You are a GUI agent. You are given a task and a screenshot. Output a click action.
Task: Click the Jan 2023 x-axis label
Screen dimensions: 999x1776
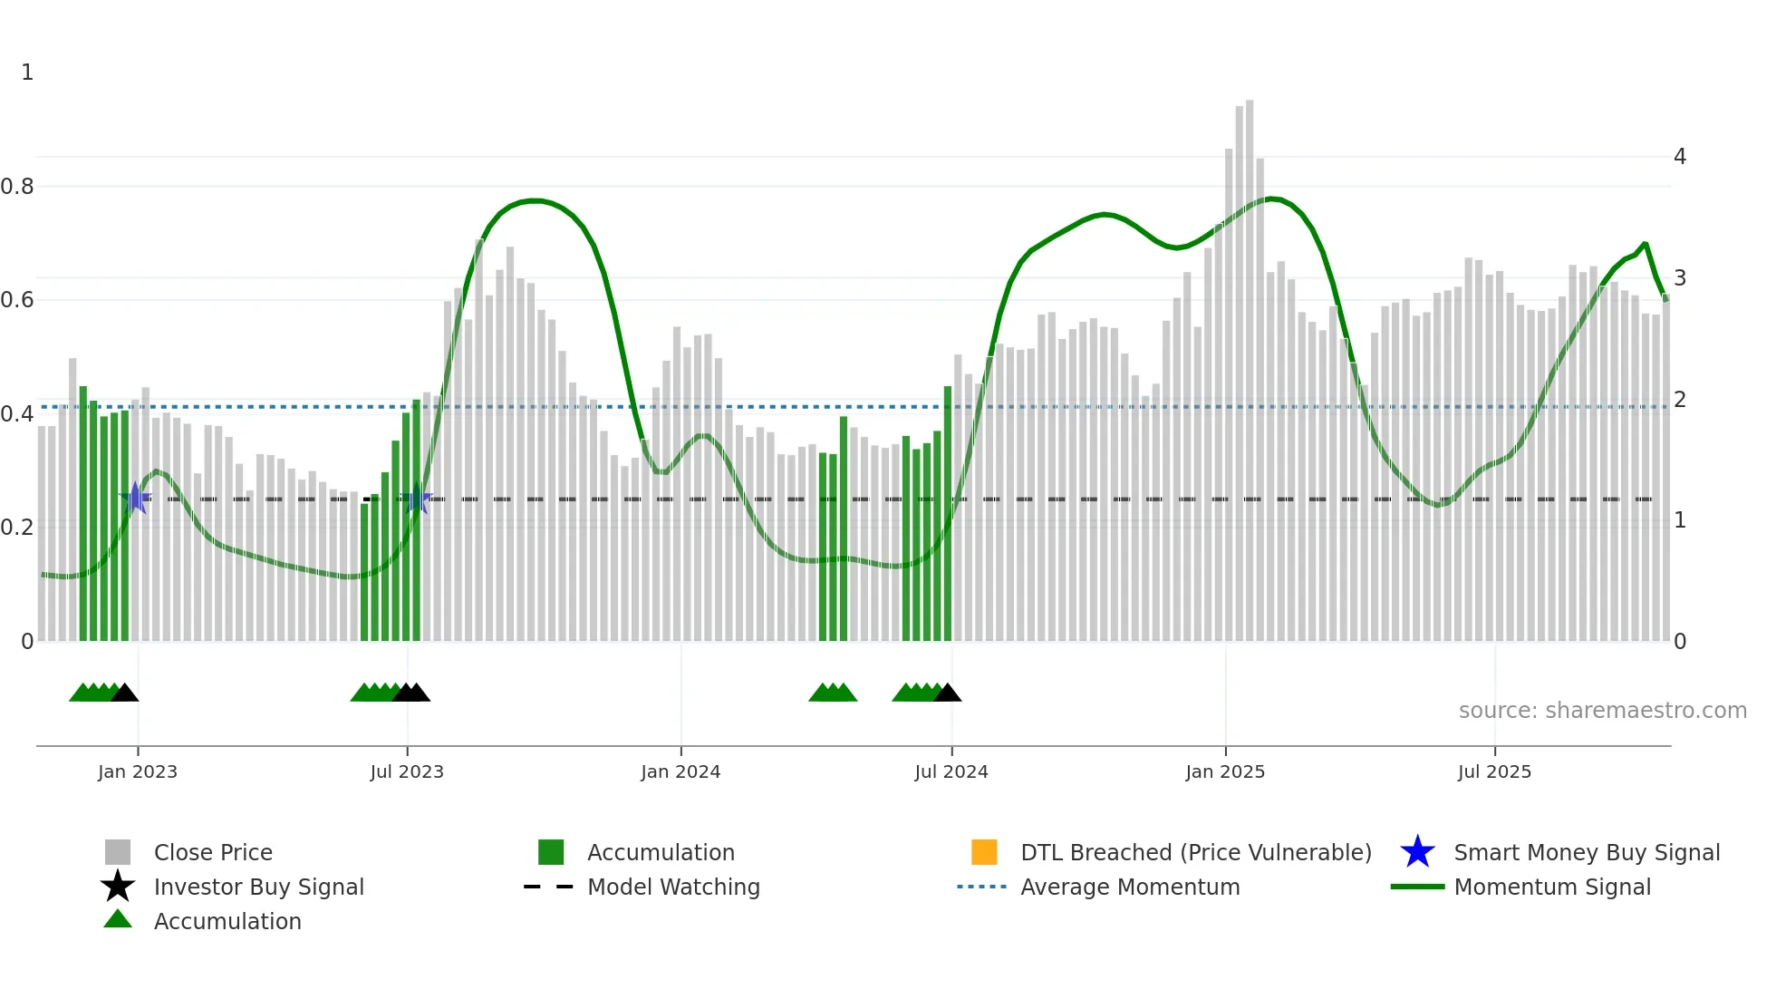(x=138, y=771)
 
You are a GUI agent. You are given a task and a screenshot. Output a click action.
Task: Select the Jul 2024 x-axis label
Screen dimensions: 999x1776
(x=951, y=771)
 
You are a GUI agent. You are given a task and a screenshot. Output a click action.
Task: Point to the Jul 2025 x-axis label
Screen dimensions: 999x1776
(x=1494, y=771)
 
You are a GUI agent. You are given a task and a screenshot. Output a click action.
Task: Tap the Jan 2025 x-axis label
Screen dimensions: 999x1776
(x=1225, y=771)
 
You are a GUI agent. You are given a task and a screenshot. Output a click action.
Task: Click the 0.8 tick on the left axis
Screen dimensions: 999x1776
(x=17, y=187)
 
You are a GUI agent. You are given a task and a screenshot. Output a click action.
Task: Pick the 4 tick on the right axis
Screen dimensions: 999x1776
(x=1680, y=157)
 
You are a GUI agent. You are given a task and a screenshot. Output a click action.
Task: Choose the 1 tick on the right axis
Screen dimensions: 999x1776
(x=1680, y=520)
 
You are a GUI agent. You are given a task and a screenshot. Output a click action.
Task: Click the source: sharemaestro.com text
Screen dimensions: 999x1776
(x=1602, y=711)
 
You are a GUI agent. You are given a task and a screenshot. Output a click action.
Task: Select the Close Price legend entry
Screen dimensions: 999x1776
(x=213, y=852)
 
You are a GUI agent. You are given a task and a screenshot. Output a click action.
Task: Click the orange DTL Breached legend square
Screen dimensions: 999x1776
(x=984, y=852)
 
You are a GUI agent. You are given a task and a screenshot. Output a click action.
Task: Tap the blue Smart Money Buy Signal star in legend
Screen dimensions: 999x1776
(x=1417, y=852)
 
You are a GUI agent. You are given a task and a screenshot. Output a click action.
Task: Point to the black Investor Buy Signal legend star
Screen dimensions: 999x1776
(x=118, y=887)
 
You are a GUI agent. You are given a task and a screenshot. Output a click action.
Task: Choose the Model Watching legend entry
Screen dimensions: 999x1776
(x=673, y=887)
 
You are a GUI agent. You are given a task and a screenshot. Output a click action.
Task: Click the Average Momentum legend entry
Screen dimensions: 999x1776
(x=1130, y=887)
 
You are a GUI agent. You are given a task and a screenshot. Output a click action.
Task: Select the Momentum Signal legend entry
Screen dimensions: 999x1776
(x=1552, y=887)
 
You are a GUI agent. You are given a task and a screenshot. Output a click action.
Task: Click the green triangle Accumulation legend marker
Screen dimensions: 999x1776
(x=118, y=919)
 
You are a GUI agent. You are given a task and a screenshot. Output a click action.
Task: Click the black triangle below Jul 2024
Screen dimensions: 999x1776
(x=948, y=693)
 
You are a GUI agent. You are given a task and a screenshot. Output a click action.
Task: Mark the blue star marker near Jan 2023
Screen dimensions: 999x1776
(x=135, y=498)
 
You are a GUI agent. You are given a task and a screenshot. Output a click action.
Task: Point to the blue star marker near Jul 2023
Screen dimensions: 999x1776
(x=417, y=498)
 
